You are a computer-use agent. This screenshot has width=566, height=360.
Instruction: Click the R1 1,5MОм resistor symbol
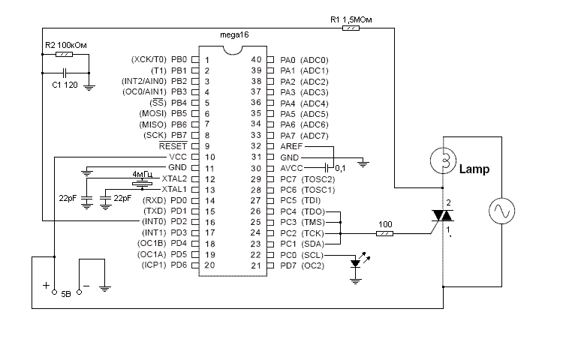click(351, 28)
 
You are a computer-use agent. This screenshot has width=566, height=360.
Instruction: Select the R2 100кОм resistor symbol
click(65, 55)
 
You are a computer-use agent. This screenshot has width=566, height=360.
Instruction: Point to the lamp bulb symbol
click(444, 159)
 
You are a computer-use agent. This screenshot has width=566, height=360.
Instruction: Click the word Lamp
click(474, 169)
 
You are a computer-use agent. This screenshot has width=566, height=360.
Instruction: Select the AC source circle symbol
click(501, 212)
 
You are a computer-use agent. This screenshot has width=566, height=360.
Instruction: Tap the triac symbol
click(443, 216)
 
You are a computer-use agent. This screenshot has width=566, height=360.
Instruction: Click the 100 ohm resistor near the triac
click(385, 233)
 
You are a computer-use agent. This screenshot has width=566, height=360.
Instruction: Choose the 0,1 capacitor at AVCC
click(327, 167)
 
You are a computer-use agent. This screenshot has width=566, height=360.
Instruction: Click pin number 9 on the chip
click(207, 145)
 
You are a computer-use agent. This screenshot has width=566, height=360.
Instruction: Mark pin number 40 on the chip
click(257, 59)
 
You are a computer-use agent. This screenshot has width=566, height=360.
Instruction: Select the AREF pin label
click(290, 146)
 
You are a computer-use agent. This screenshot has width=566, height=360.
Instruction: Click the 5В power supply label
click(65, 292)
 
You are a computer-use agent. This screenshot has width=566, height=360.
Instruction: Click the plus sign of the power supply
click(45, 286)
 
